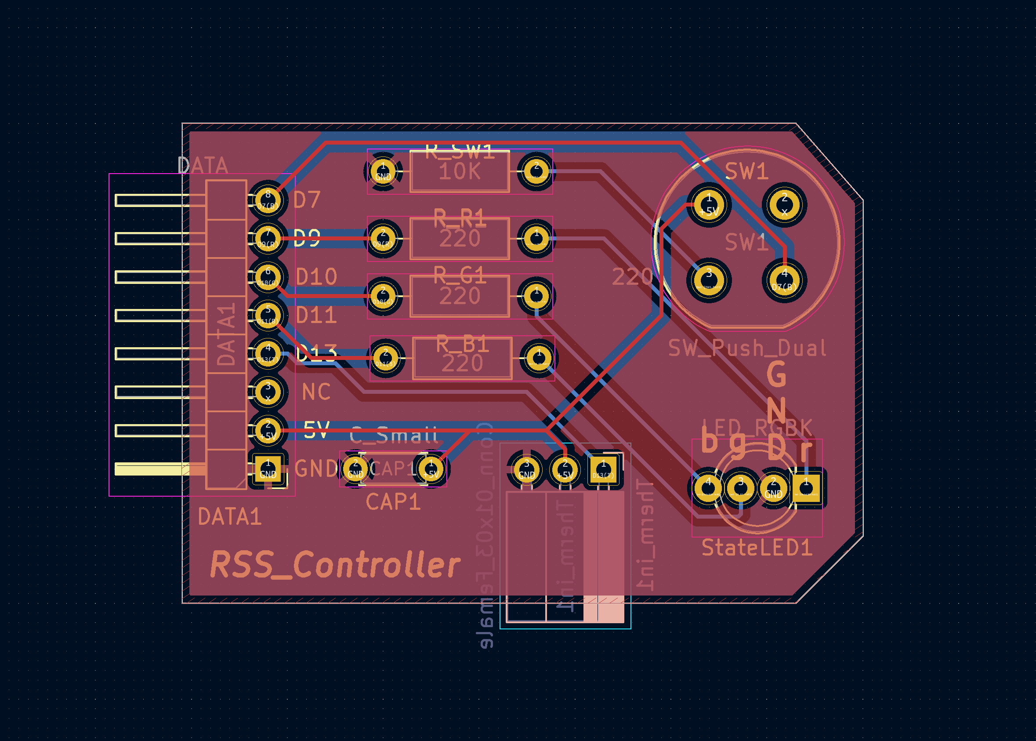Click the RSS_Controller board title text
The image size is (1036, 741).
(x=335, y=565)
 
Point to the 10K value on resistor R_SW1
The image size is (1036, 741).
(x=460, y=171)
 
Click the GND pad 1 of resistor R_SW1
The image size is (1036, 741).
(x=383, y=171)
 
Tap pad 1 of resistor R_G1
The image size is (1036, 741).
(x=536, y=296)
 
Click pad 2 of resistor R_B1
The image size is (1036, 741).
(x=386, y=358)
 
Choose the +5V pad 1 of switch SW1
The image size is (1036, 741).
(x=709, y=204)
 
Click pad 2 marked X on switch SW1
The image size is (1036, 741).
(x=784, y=204)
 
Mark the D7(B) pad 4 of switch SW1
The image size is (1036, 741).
(x=784, y=280)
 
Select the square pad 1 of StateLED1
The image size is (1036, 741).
(x=806, y=488)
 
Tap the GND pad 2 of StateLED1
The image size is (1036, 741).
(x=773, y=488)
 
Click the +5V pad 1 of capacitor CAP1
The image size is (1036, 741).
(x=431, y=469)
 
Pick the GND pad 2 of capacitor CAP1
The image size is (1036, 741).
(x=355, y=469)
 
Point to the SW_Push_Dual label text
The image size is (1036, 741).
(x=747, y=349)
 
